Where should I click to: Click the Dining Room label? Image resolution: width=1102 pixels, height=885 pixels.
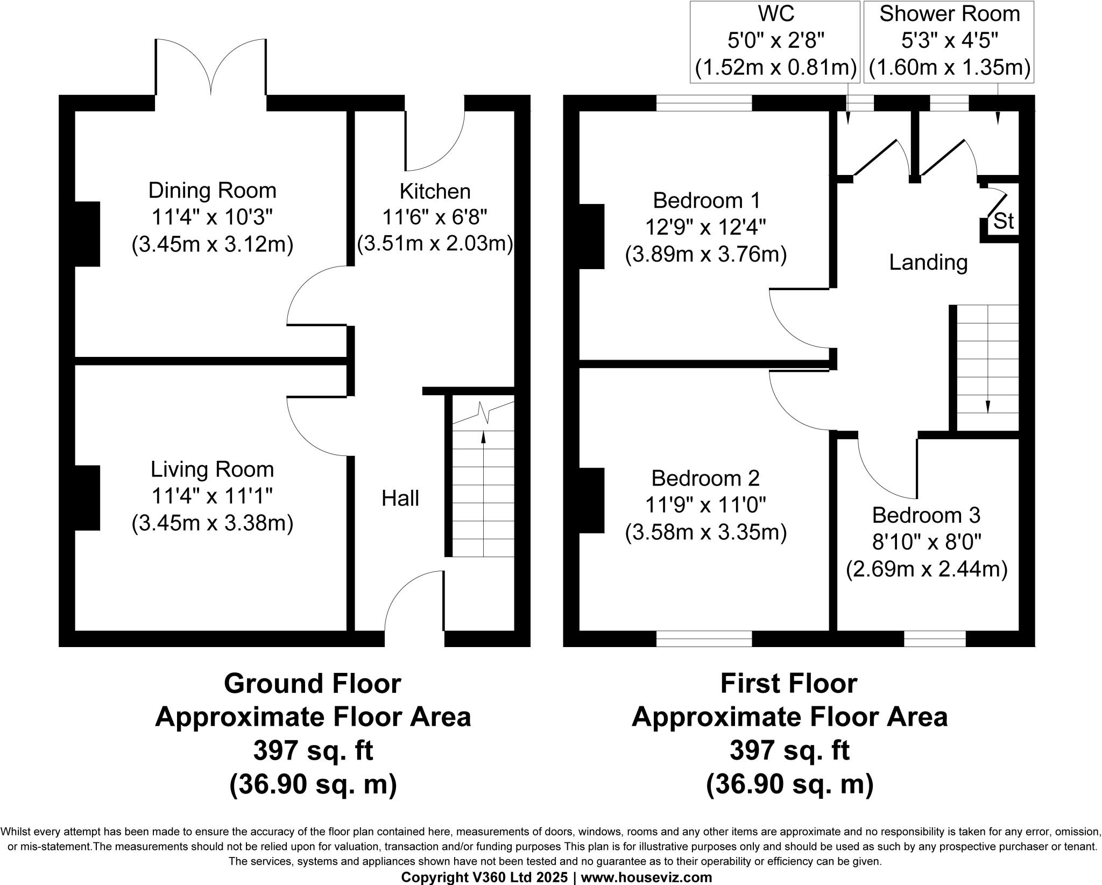point(212,191)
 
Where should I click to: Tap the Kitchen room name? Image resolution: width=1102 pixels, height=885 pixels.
point(435,191)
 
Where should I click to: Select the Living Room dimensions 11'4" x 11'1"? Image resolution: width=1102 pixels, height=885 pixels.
point(212,496)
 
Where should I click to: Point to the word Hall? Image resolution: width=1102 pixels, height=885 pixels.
point(400,498)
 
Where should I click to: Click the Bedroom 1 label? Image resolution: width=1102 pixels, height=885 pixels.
point(707,200)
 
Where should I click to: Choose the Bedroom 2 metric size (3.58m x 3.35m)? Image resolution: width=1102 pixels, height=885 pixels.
point(706,532)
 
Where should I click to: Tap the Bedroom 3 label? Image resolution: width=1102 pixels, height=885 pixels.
point(926,515)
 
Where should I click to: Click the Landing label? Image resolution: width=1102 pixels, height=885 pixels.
point(928,263)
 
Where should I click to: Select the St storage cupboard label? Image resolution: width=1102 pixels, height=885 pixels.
point(1003,221)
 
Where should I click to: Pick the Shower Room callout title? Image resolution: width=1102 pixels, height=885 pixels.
point(950,13)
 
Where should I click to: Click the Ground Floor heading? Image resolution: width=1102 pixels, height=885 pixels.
point(313,684)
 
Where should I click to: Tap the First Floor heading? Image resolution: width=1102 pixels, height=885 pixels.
point(789,684)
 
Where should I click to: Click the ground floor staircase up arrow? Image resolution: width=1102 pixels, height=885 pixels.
point(483,494)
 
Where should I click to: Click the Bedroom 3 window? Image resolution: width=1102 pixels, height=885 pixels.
point(935,638)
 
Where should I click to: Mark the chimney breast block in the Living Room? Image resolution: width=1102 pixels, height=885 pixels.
point(87,498)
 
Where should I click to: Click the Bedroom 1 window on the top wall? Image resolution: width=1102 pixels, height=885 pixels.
point(704,103)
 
